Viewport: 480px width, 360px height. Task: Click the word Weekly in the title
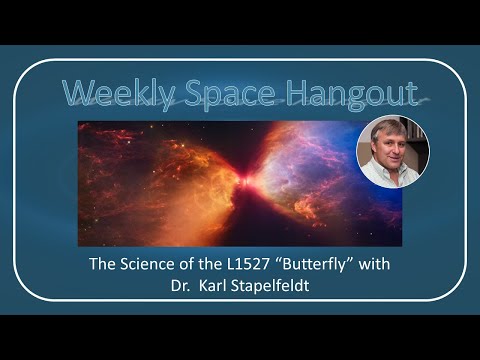coord(111,92)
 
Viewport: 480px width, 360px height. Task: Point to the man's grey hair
coord(385,126)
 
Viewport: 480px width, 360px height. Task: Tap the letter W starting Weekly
coord(77,92)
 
